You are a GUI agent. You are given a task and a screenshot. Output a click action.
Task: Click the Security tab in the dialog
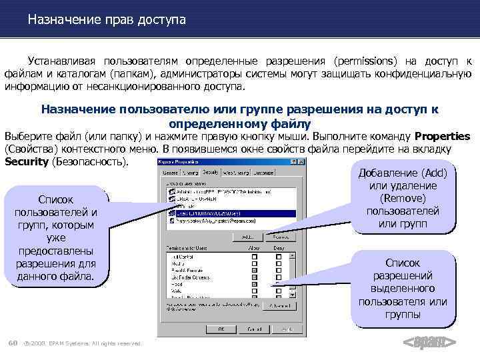point(211,173)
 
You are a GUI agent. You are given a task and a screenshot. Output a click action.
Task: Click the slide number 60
point(12,343)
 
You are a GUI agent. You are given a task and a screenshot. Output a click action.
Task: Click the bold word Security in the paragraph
point(26,161)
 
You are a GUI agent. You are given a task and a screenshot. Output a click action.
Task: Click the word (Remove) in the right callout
point(402,198)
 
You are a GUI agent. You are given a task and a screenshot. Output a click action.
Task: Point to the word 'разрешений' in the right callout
point(403,275)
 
